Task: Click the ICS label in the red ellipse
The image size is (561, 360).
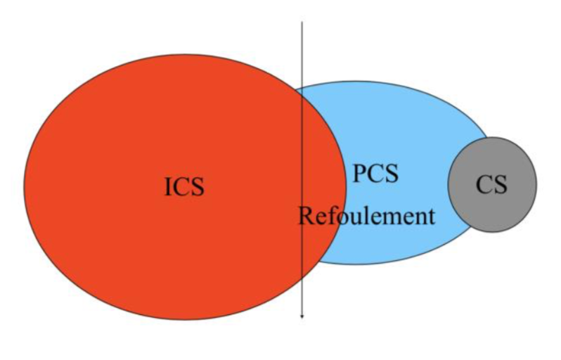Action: pyautogui.click(x=184, y=187)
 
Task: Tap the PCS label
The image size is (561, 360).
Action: pyautogui.click(x=375, y=173)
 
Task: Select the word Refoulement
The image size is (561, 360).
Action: pyautogui.click(x=366, y=216)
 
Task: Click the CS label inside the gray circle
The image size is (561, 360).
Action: pyautogui.click(x=491, y=184)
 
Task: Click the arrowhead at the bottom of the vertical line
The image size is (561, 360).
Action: pyautogui.click(x=302, y=316)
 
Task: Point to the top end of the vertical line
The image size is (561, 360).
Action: pyautogui.click(x=302, y=23)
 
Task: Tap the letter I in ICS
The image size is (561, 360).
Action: pyautogui.click(x=169, y=187)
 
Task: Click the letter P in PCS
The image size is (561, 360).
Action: pyautogui.click(x=359, y=173)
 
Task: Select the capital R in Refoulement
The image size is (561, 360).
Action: pyautogui.click(x=305, y=216)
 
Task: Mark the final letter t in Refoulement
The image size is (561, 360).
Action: pyautogui.click(x=432, y=216)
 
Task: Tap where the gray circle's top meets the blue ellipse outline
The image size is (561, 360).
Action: pyautogui.click(x=486, y=138)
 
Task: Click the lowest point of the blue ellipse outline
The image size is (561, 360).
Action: pyautogui.click(x=359, y=264)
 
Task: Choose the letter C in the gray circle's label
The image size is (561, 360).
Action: pyautogui.click(x=484, y=184)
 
